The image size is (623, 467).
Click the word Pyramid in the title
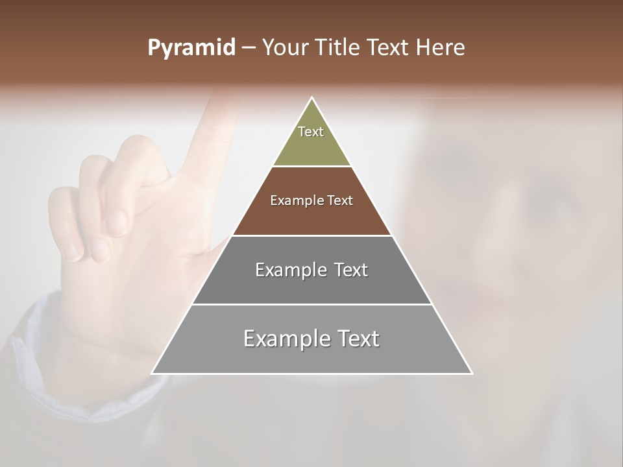191,48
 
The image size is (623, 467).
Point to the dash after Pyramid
249,48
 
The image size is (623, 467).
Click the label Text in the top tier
311,132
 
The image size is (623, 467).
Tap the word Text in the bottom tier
357,339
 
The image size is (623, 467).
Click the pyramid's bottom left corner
153,373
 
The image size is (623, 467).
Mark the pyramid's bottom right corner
472,373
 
